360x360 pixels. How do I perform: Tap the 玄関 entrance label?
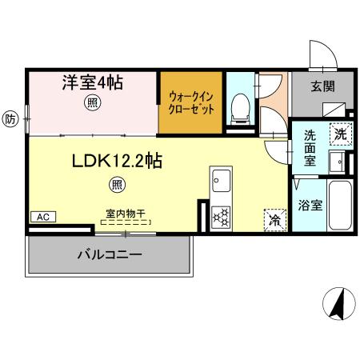point(322,86)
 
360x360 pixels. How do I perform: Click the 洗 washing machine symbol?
point(340,134)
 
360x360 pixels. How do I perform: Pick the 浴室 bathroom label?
point(310,205)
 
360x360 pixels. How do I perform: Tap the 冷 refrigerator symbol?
point(274,218)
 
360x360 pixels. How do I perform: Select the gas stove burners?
point(220,216)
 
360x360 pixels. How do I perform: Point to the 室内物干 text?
point(126,214)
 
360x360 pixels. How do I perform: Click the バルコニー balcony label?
point(110,255)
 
